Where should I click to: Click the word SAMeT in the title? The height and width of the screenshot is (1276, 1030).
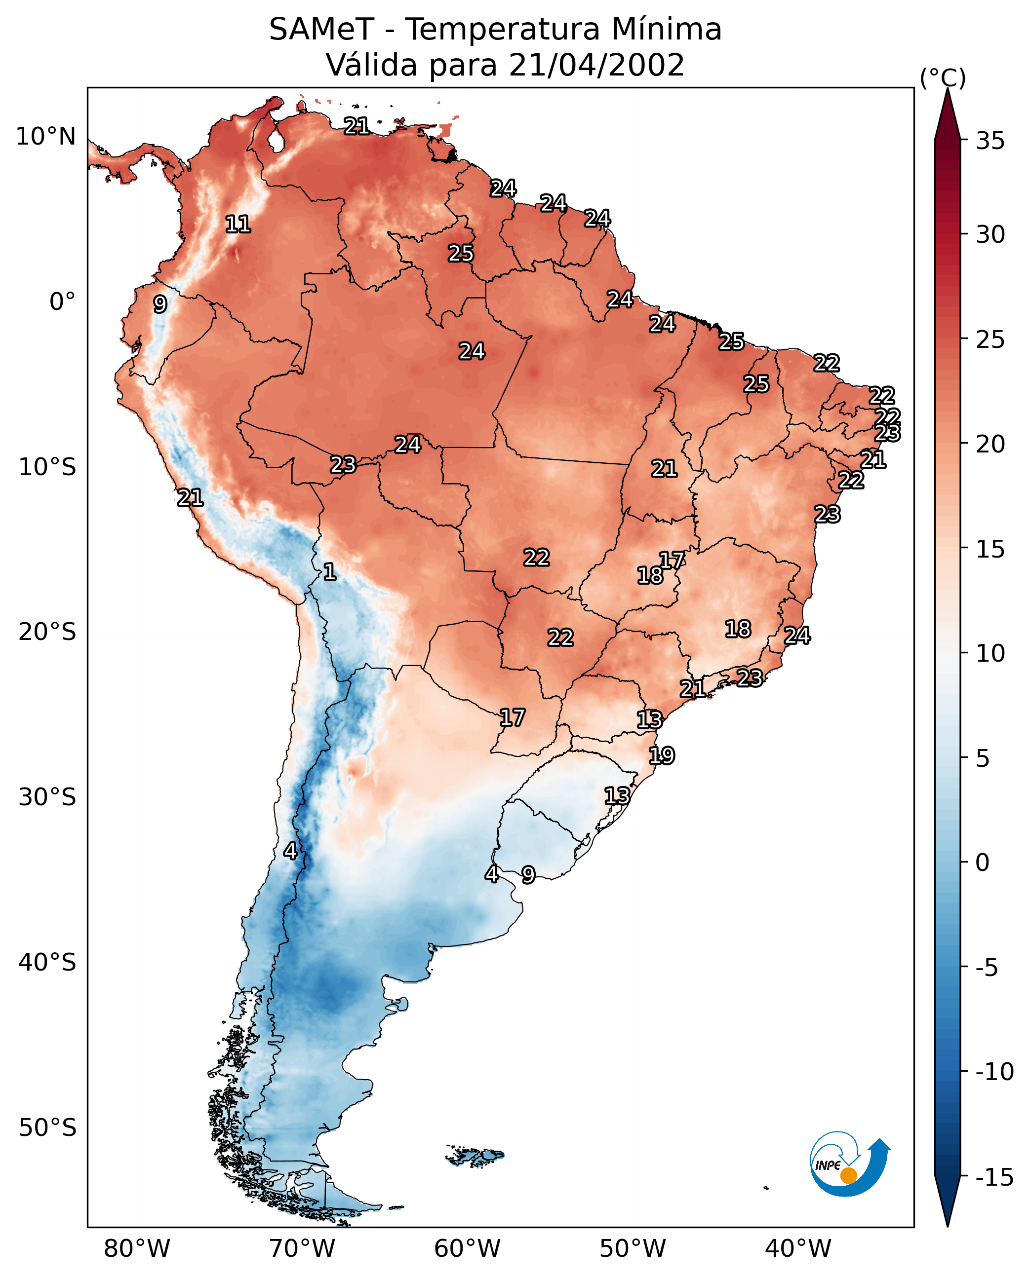click(321, 29)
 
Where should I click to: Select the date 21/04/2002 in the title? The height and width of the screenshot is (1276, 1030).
click(596, 65)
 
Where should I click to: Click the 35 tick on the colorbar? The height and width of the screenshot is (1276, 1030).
click(990, 141)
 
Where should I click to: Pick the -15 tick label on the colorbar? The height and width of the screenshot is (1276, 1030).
click(994, 1177)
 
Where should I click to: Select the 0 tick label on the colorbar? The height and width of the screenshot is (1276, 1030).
click(983, 862)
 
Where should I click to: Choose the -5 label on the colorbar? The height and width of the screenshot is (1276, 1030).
click(987, 968)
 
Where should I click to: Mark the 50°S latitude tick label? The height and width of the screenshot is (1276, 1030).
click(47, 1127)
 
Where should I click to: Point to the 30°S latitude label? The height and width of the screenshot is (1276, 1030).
click(47, 797)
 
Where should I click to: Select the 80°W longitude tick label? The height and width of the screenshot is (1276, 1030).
click(137, 1249)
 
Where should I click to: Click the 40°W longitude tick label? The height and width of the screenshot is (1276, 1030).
click(798, 1249)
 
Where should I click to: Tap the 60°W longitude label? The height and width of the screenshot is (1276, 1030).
click(468, 1249)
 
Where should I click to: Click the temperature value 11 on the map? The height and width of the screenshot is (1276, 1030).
click(238, 224)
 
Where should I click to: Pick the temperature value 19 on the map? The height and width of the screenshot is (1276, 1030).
click(662, 755)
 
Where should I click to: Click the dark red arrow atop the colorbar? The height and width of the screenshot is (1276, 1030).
click(948, 114)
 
